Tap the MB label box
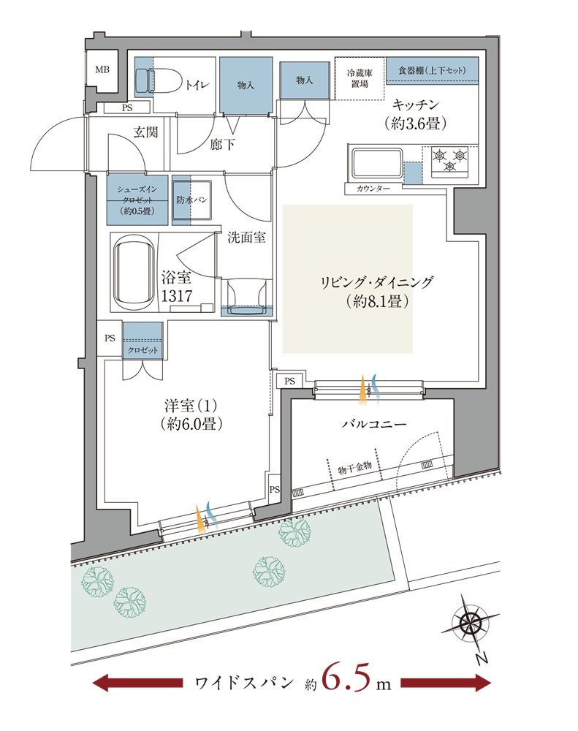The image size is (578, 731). (102, 71)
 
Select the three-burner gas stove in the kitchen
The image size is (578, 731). (449, 162)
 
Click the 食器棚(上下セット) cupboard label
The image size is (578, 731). (432, 69)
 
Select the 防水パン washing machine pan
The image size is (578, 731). (192, 200)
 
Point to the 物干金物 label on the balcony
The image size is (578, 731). (356, 466)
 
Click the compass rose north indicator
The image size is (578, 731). (468, 625)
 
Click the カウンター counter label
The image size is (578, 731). (373, 189)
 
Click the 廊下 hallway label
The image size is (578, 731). (222, 144)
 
